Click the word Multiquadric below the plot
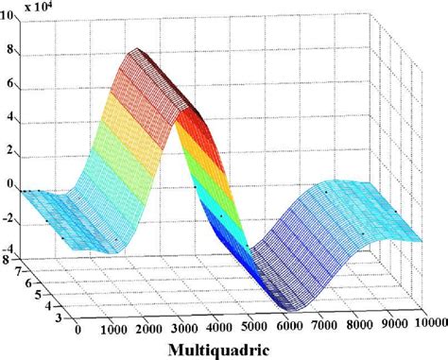(224, 349)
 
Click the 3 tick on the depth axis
(59, 320)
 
